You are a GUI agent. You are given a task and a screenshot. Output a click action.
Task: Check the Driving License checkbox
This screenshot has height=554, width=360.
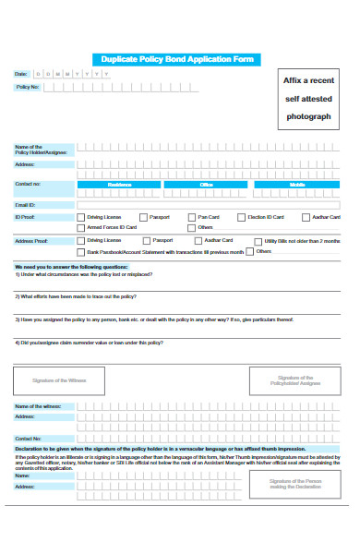tap(80, 217)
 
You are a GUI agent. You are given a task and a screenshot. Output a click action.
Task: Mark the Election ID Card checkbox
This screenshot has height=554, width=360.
tap(241, 217)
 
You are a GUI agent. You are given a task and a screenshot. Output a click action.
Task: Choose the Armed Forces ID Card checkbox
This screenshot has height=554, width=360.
tap(80, 227)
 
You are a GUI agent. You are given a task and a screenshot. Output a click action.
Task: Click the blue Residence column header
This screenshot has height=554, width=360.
tap(120, 184)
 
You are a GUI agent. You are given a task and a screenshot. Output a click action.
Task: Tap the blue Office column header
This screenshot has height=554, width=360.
tap(208, 184)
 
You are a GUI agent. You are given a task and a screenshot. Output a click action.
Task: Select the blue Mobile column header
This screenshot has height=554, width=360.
tap(296, 184)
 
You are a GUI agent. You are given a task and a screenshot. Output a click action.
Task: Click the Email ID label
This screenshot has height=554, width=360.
tap(25, 204)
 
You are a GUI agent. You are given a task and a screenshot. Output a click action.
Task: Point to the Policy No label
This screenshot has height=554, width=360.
tap(28, 87)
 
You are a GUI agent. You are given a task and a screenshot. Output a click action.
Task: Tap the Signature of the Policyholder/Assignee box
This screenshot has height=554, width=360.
tap(296, 380)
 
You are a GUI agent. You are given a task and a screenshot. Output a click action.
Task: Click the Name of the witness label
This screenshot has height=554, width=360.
tap(38, 405)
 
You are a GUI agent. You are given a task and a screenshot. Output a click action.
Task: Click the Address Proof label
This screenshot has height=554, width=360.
tap(30, 240)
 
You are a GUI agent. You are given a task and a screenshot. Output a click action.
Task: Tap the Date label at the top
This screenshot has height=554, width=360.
tap(21, 73)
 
